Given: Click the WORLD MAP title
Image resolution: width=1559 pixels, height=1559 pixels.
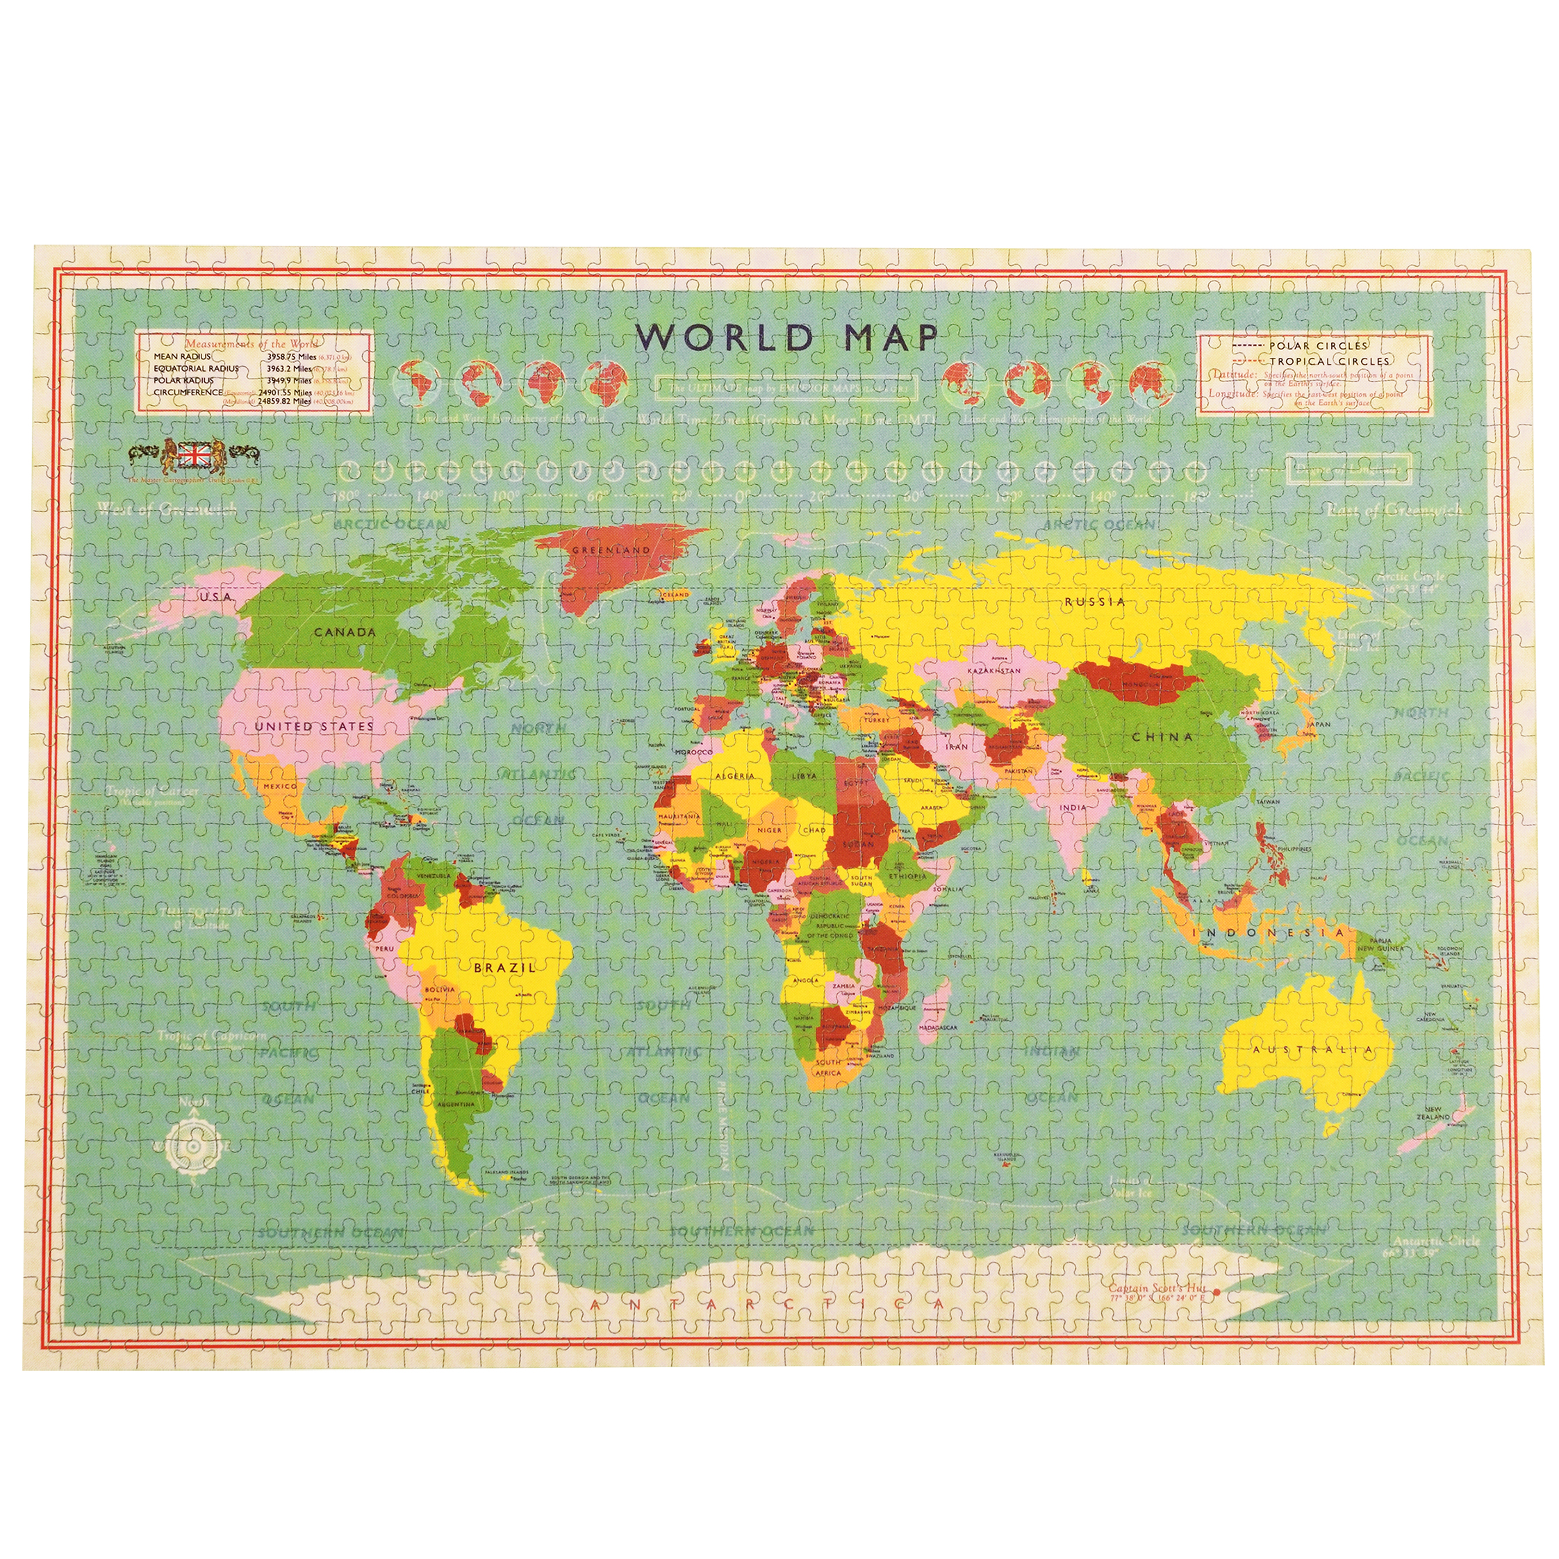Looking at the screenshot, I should (786, 336).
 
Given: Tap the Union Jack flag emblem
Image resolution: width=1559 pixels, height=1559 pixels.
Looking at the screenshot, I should (192, 454).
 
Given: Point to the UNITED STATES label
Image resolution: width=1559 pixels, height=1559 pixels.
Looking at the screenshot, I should (314, 726).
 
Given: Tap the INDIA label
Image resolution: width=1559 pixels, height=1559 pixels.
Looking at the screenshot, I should (1073, 806).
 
